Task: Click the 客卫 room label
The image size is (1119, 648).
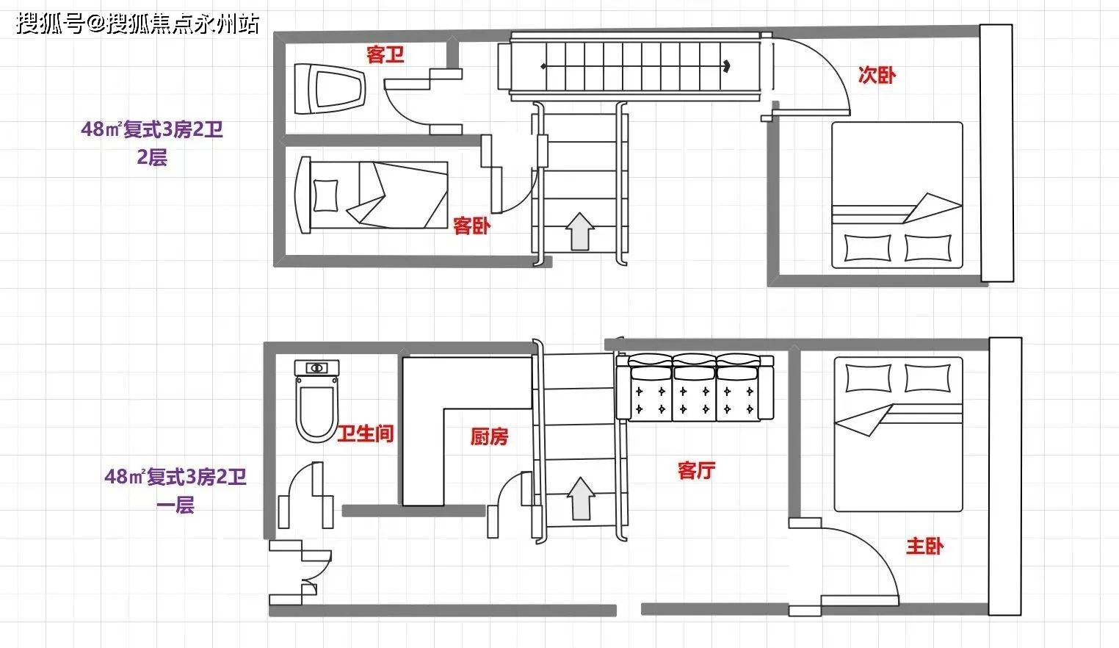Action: (385, 54)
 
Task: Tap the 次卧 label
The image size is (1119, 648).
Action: (877, 75)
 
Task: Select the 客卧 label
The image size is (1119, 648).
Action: (471, 226)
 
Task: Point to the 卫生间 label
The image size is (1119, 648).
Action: (366, 433)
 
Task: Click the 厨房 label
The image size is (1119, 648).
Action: (489, 436)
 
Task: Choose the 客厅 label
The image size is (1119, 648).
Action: (696, 470)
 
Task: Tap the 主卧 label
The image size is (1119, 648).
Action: (924, 546)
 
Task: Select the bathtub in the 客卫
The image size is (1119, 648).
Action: (330, 89)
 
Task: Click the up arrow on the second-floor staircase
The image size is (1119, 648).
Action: (579, 231)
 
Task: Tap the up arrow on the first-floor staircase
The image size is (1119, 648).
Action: (581, 499)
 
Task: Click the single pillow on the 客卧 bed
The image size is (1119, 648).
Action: (325, 195)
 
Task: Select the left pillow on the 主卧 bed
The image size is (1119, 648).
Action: (868, 378)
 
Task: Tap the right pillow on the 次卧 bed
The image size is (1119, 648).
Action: (927, 248)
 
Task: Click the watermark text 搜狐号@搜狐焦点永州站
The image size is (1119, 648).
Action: (138, 24)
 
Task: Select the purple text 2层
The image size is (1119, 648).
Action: (152, 157)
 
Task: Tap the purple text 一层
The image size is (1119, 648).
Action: (175, 505)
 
